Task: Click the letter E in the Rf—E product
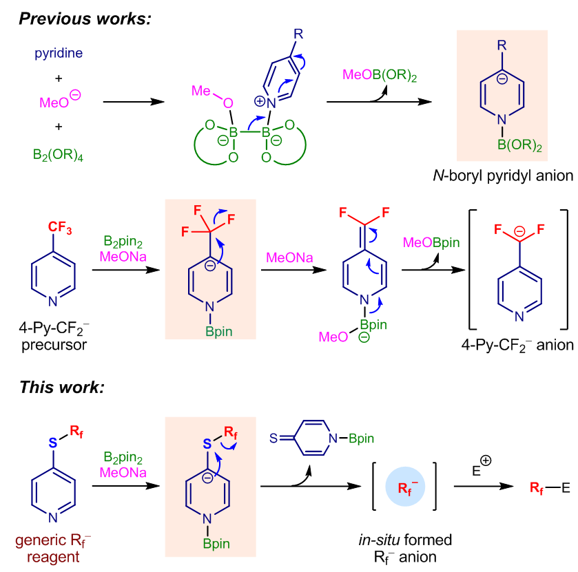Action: pos(566,488)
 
